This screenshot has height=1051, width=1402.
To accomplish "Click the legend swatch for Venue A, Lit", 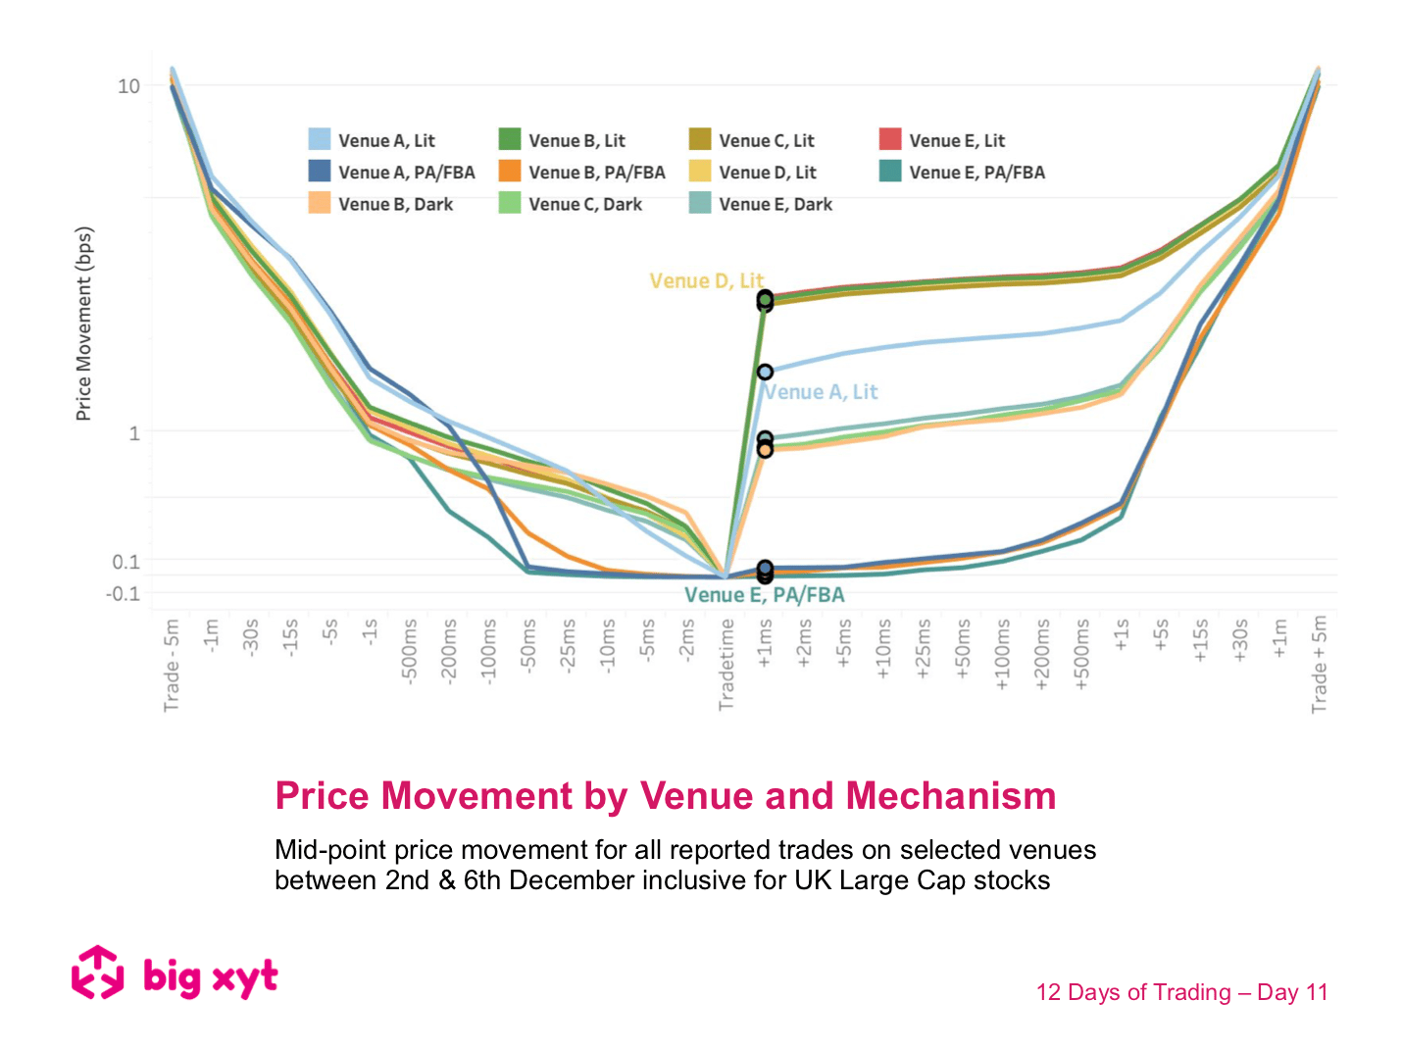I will (319, 139).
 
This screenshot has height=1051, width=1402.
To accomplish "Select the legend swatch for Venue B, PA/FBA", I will (509, 172).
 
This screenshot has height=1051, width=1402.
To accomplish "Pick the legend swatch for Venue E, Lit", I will (889, 139).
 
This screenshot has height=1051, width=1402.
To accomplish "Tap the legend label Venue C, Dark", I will (585, 204).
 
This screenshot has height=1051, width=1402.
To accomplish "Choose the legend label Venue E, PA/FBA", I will (976, 172).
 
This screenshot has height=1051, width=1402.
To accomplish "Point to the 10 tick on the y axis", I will (128, 86).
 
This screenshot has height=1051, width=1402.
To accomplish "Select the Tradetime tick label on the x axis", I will (726, 665).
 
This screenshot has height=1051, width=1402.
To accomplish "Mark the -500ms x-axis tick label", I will (410, 649).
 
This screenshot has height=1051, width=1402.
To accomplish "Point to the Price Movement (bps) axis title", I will (83, 324).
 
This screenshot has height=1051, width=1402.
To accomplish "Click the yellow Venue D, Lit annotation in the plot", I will (706, 280).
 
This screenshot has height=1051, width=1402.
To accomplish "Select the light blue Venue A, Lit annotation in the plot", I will (822, 392).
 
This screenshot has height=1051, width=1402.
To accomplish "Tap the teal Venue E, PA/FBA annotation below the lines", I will (764, 595).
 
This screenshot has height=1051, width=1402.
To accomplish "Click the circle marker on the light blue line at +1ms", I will (765, 373).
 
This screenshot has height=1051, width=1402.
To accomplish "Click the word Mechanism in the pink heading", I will (950, 795).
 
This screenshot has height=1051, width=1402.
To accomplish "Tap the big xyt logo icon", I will (97, 973).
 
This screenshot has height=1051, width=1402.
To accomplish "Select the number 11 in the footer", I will (1316, 992).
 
